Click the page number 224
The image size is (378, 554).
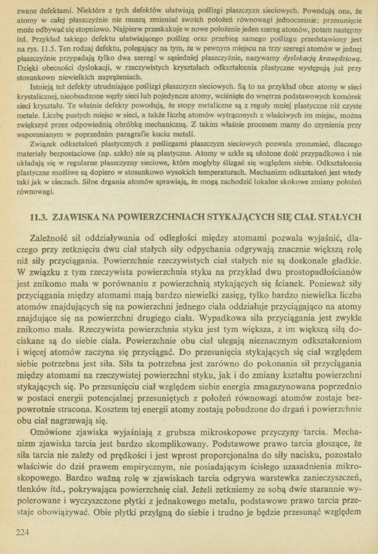[21, 531]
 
